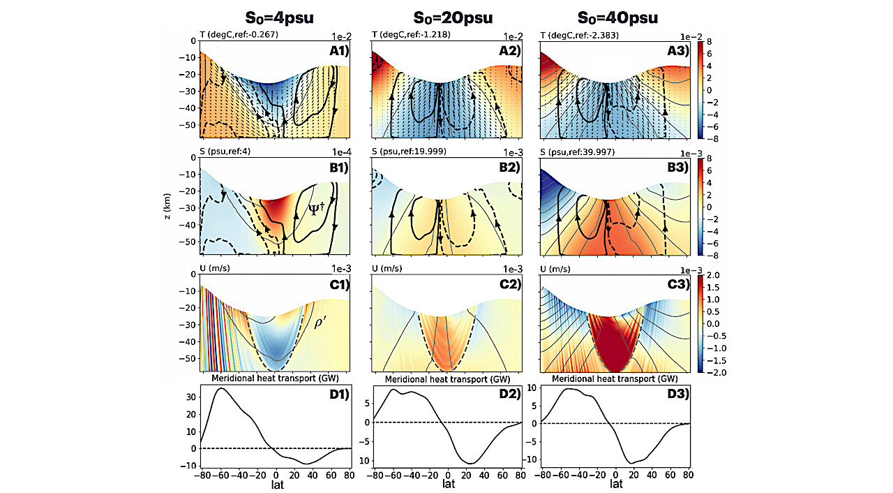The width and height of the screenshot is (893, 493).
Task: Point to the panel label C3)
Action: (x=677, y=284)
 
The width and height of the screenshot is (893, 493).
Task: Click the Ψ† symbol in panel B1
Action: (x=315, y=209)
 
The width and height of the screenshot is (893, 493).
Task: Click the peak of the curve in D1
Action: (x=221, y=388)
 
